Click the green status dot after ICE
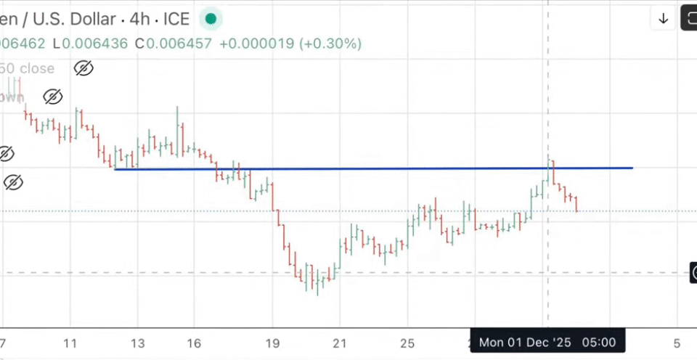point(211,18)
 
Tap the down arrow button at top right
point(663,19)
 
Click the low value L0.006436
point(94,44)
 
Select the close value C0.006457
point(179,44)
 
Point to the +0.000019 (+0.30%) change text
point(290,44)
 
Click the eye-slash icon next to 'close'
point(83,68)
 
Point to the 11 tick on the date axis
point(70,343)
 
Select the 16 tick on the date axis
point(194,343)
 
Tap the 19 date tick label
point(272,343)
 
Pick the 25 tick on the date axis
point(408,343)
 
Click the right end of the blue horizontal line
point(632,168)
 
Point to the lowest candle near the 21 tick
point(318,285)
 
